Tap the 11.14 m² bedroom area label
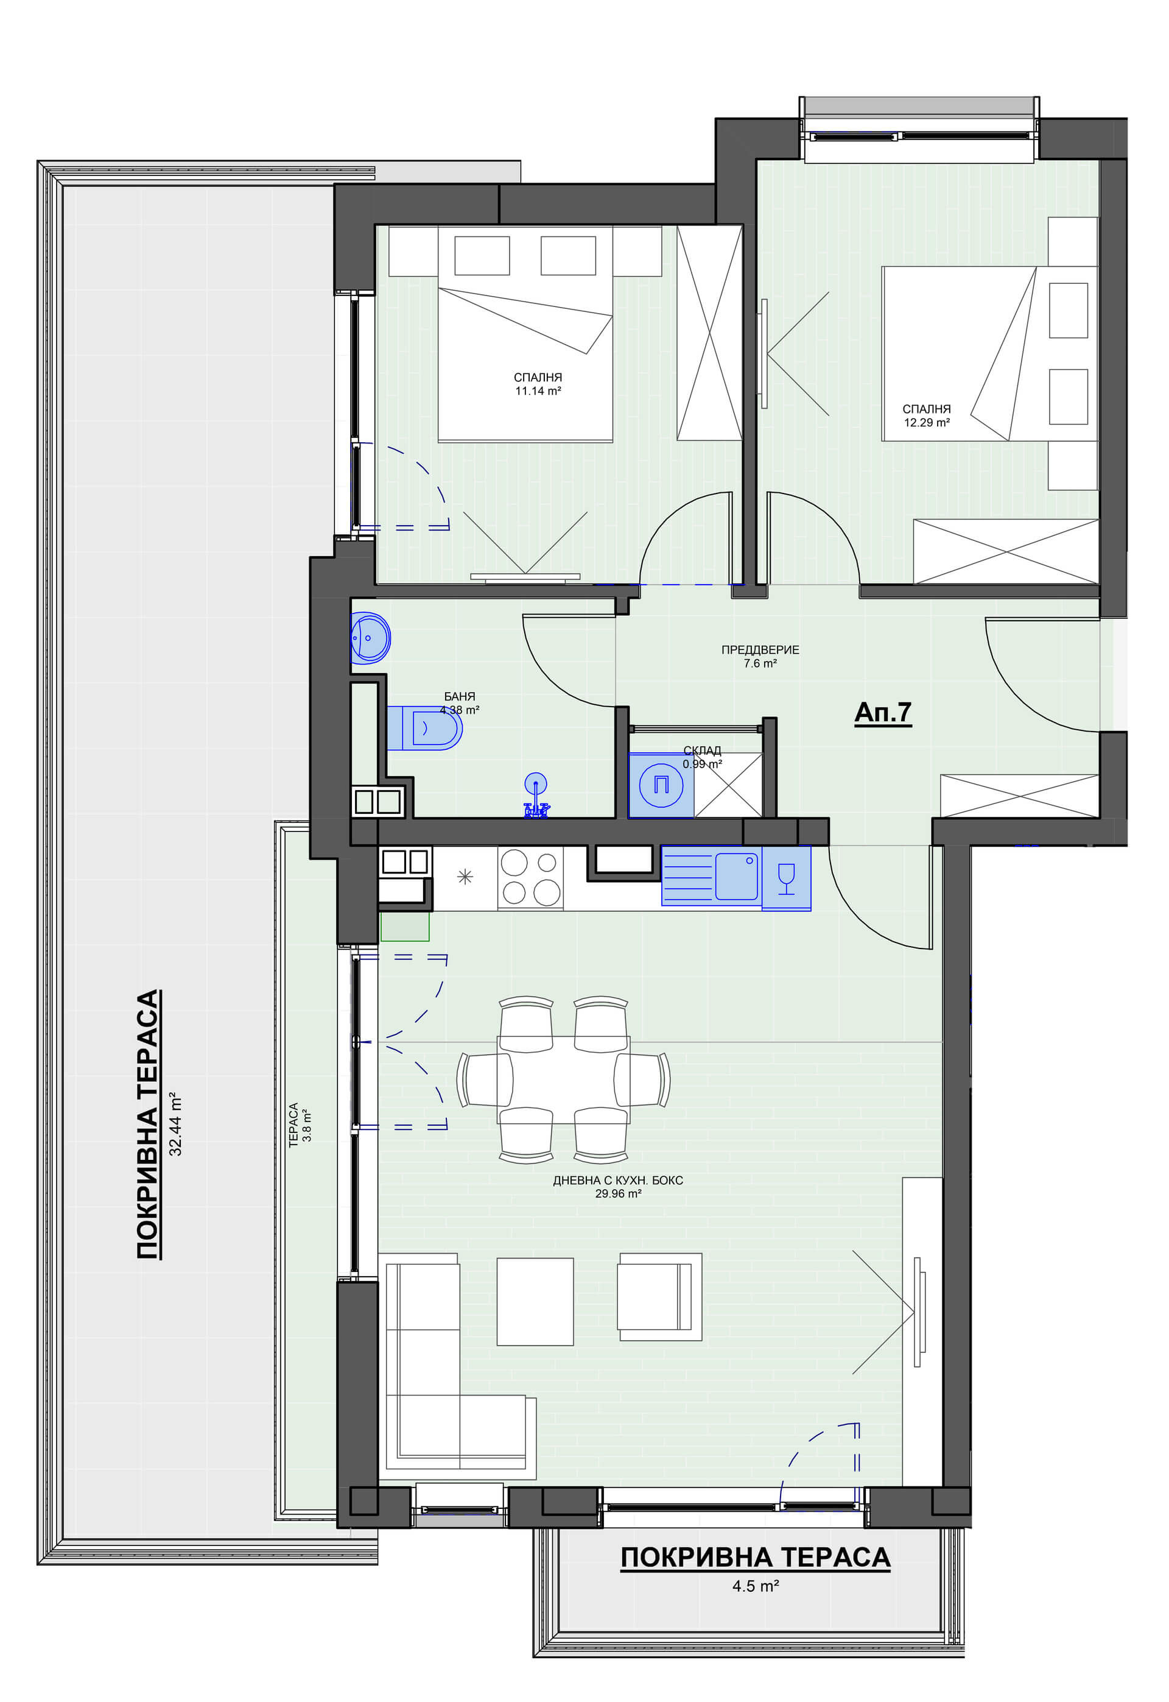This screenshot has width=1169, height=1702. coord(538,391)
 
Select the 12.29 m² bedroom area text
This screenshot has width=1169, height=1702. coord(927,423)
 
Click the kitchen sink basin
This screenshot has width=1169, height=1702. coord(736,875)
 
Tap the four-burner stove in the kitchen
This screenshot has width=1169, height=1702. coord(530,877)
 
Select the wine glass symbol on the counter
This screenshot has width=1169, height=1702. coord(786,878)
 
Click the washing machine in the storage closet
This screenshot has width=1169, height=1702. coord(661,785)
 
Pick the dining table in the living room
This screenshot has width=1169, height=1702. coord(563,1080)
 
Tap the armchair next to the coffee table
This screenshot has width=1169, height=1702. coord(659,1297)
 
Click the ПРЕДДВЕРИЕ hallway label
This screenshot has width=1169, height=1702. coord(760,650)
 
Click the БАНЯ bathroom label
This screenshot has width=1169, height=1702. coord(459,697)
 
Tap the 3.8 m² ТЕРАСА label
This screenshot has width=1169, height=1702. coord(300,1125)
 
